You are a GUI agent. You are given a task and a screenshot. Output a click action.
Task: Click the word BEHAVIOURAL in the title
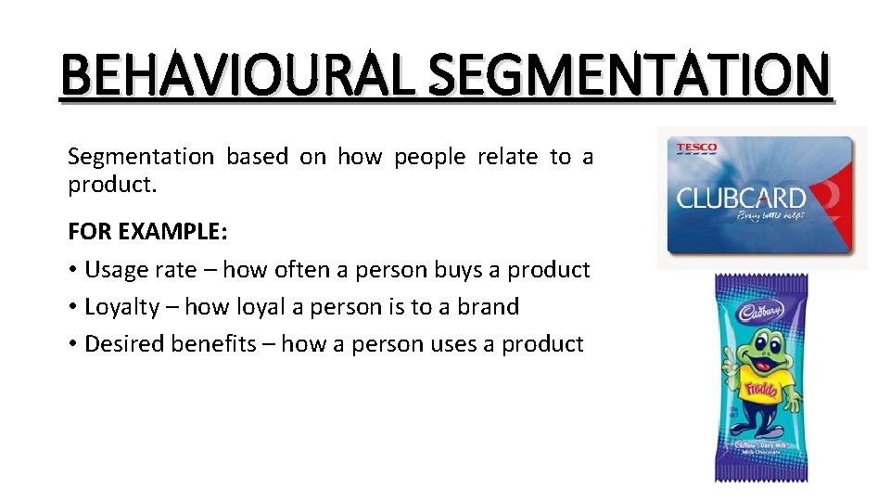click(235, 75)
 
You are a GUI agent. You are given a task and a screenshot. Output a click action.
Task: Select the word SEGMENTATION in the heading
click(630, 75)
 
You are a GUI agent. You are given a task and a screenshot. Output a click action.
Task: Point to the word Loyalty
click(121, 307)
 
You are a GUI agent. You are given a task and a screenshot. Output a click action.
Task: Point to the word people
click(429, 157)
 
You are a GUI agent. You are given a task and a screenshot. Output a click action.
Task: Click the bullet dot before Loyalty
click(72, 307)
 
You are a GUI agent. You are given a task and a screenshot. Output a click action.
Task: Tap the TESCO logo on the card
click(696, 148)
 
